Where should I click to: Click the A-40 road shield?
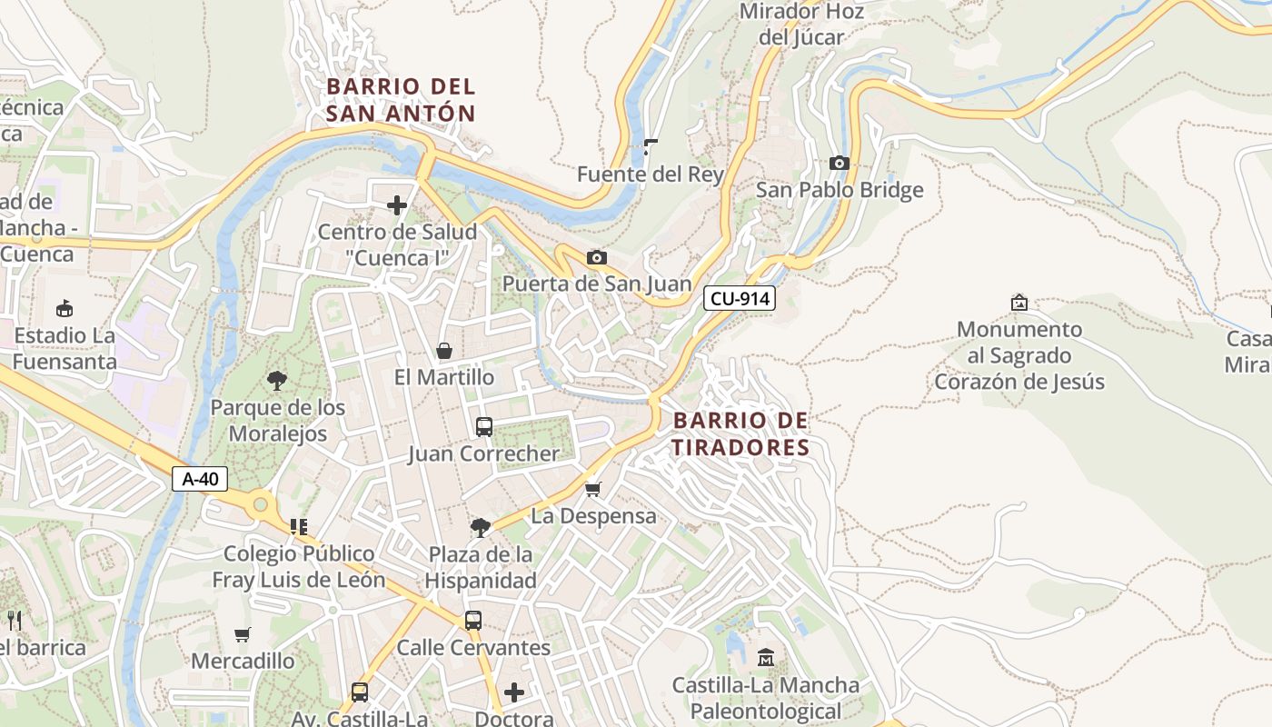[x=199, y=479]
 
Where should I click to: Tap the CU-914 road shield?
[x=739, y=298]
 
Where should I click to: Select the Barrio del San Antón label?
[x=401, y=100]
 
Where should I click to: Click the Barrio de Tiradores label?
[x=740, y=434]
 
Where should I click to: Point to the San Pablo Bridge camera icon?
[x=839, y=164]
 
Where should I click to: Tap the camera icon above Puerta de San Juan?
[x=596, y=258]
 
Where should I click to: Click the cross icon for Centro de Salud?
[x=397, y=205]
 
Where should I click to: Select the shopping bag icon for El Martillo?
[x=444, y=351]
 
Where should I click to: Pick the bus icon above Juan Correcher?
[x=484, y=426]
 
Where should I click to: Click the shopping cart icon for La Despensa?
[x=593, y=490]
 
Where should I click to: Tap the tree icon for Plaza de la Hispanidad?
[x=481, y=527]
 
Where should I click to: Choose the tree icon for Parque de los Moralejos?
[x=277, y=381]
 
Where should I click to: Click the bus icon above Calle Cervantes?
[x=473, y=621]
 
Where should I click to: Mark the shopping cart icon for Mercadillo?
[x=242, y=634]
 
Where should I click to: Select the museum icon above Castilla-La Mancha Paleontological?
[x=765, y=657]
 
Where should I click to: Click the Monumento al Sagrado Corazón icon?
[x=1019, y=303]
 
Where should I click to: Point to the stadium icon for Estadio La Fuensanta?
[x=65, y=309]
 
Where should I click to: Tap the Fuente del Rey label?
[x=651, y=174]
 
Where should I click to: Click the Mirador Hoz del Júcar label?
[x=801, y=25]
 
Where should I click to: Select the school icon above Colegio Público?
[x=299, y=527]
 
